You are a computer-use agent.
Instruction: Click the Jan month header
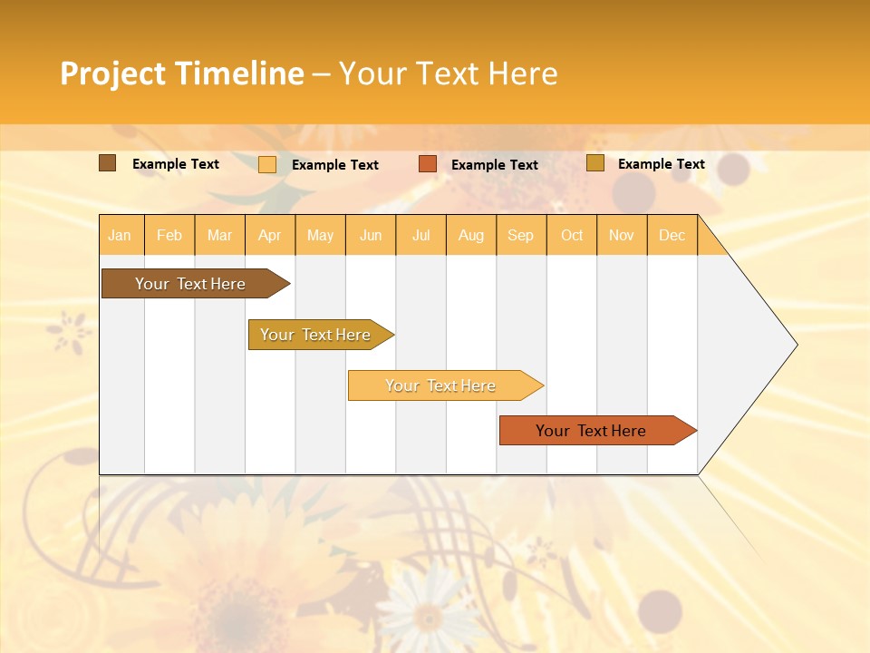[120, 235]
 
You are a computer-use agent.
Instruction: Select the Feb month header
[169, 235]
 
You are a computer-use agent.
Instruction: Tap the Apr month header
[269, 235]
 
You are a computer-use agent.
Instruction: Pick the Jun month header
[371, 235]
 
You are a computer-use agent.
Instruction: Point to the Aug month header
[470, 235]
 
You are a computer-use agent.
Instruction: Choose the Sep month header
[520, 235]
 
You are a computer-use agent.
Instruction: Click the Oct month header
[572, 235]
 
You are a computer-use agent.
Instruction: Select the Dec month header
[672, 235]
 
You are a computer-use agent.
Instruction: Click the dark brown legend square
[107, 163]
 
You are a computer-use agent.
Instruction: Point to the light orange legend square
[267, 164]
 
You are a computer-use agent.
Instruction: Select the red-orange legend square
[428, 164]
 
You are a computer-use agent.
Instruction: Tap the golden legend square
[595, 163]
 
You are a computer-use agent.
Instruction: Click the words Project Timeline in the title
[182, 73]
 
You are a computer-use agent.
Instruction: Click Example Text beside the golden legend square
[661, 164]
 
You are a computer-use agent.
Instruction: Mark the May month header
[320, 235]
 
